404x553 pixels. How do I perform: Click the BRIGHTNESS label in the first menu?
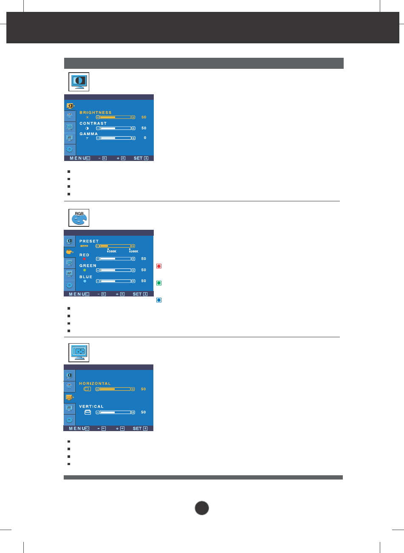click(95, 113)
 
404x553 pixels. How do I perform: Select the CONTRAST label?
click(93, 123)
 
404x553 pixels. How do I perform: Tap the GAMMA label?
click(88, 134)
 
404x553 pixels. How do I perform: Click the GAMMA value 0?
click(145, 138)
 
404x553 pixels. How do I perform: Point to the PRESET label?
click(89, 241)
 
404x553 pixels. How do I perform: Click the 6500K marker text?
click(112, 251)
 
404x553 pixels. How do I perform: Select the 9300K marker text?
click(133, 251)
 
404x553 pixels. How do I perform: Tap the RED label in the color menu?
click(84, 255)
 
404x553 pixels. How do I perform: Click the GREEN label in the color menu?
click(88, 266)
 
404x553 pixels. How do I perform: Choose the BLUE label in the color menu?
click(86, 277)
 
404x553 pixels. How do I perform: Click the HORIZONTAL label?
click(95, 384)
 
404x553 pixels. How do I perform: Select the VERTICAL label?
click(91, 406)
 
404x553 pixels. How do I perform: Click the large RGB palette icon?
click(79, 217)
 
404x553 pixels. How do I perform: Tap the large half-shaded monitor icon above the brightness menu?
click(79, 82)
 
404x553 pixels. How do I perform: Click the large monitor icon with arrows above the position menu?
click(79, 353)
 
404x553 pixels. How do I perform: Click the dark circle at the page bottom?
click(202, 508)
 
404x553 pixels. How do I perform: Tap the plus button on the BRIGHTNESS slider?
click(133, 117)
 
